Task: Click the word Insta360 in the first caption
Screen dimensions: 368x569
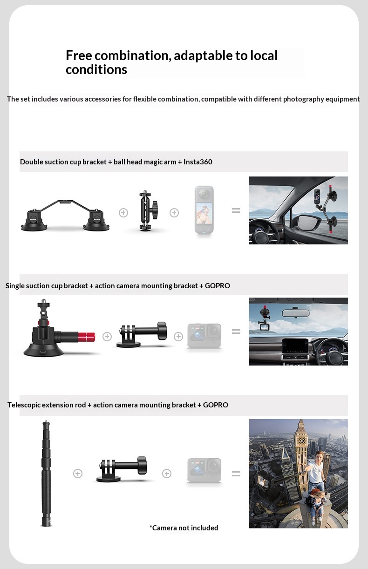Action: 198,162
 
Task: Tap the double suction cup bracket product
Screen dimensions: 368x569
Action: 65,216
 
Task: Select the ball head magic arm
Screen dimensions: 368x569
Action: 149,210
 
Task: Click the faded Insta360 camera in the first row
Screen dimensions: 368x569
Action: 204,210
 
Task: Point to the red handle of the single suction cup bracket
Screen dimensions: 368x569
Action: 86,337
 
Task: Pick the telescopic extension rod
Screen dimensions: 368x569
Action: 46,473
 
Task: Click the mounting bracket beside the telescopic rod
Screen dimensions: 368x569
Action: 122,469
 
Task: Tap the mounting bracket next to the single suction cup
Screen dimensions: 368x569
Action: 142,334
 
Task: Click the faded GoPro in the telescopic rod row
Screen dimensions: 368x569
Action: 204,470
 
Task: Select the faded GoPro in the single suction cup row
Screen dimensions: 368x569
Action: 204,336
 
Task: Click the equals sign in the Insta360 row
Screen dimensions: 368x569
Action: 236,210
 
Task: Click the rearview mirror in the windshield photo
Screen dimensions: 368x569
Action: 296,313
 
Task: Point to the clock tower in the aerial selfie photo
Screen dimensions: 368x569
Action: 301,455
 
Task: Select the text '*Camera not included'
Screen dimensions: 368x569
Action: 184,528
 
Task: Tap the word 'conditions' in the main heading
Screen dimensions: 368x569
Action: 96,69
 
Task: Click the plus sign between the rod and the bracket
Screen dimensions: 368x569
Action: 78,474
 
